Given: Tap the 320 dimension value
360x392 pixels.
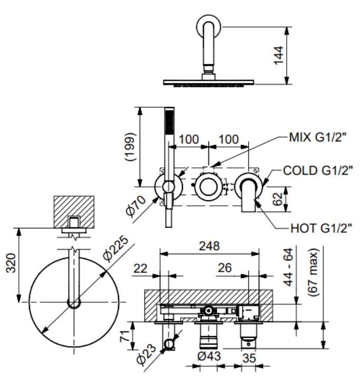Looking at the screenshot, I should point(11,263).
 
